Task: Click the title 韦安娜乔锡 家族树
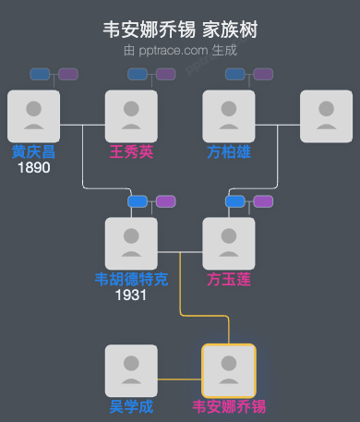tap(180, 30)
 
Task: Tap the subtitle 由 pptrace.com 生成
tap(180, 51)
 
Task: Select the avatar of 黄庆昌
tap(33, 115)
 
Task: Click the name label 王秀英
tap(131, 151)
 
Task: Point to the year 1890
tap(33, 168)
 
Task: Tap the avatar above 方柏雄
tap(229, 115)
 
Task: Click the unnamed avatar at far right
tap(327, 115)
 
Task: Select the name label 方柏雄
tap(229, 151)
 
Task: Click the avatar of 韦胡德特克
tap(131, 243)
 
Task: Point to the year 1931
tap(131, 295)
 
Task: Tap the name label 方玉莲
tap(229, 279)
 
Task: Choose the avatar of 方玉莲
tap(229, 243)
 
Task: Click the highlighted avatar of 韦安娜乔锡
tap(229, 370)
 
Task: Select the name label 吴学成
tap(131, 406)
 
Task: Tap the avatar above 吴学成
tap(131, 370)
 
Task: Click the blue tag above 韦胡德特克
tap(138, 201)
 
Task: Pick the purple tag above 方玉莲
tap(263, 201)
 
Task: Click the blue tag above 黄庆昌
tap(40, 74)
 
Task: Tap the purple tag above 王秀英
tap(165, 74)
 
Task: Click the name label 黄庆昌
tap(33, 151)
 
